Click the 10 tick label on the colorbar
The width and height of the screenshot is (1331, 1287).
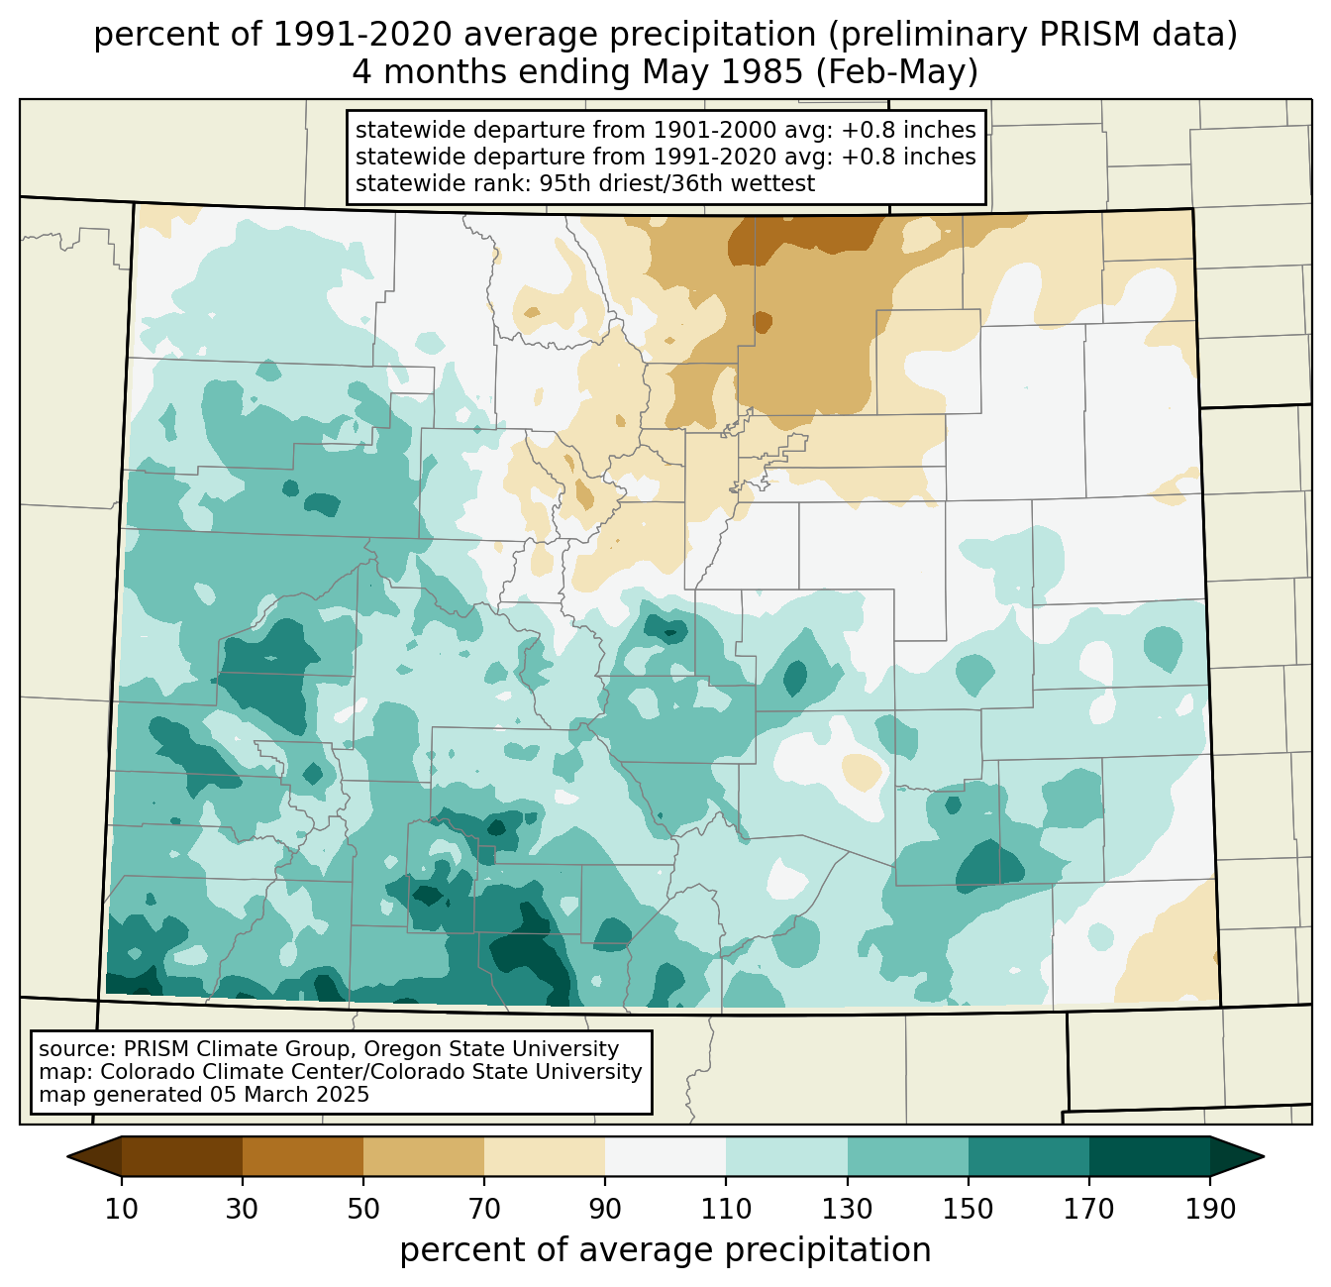[x=121, y=1209]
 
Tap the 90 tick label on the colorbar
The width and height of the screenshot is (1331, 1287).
[x=605, y=1209]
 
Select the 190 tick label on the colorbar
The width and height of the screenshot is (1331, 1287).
[x=1209, y=1209]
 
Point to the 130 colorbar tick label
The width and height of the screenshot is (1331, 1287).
[x=847, y=1209]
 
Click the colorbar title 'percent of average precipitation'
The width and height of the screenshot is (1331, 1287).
[x=665, y=1250]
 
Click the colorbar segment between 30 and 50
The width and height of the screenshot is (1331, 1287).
[x=302, y=1156]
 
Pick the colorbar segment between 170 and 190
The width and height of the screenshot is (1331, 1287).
[x=1149, y=1156]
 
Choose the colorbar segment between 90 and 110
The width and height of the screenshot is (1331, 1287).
[x=665, y=1156]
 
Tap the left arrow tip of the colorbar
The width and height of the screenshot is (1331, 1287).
[x=67, y=1156]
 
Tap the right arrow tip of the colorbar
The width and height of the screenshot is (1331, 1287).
[x=1264, y=1156]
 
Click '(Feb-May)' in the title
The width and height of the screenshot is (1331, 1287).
[x=896, y=72]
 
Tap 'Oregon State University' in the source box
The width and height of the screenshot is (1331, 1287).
[x=491, y=1049]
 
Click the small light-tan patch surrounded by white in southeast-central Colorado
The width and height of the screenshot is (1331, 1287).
[x=862, y=771]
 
